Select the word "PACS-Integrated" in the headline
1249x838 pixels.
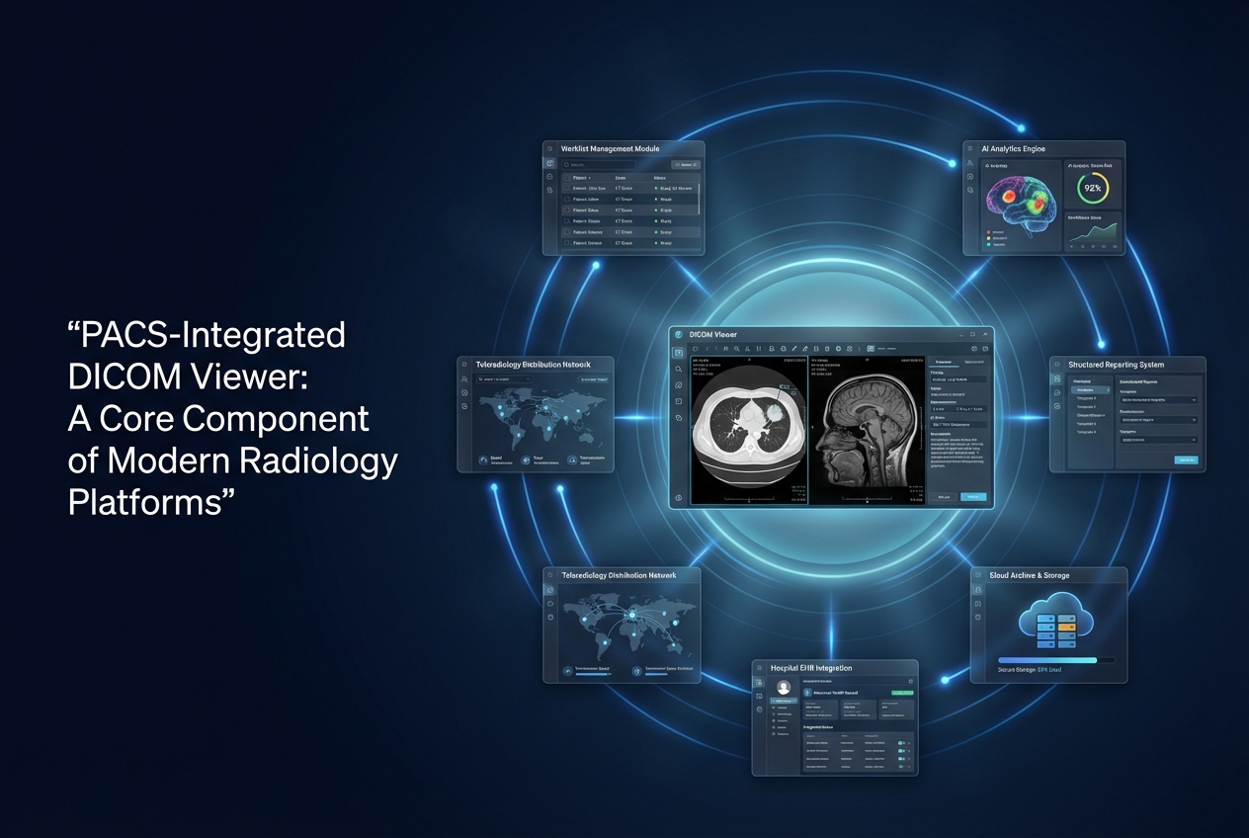point(207,335)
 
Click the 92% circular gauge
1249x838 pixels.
point(1093,188)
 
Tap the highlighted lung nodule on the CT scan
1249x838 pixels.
point(779,405)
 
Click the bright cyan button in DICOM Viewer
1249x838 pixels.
point(972,497)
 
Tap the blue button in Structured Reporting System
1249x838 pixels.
point(1186,460)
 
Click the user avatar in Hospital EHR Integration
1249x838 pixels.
point(784,687)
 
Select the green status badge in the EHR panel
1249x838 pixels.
point(901,694)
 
